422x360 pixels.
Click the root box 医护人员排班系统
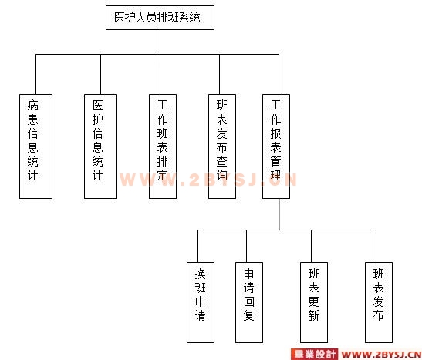click(x=160, y=18)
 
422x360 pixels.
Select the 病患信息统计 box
click(x=35, y=146)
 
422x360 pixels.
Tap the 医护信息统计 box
click(x=100, y=146)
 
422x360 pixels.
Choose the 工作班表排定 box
click(x=163, y=146)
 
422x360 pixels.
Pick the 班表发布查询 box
click(x=222, y=146)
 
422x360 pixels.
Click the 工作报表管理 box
click(x=276, y=146)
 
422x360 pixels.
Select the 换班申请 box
click(x=201, y=302)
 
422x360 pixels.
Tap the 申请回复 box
click(x=249, y=302)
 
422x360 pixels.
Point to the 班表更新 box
click(x=314, y=302)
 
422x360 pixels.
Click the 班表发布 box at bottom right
click(x=379, y=302)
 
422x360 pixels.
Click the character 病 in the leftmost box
click(x=33, y=105)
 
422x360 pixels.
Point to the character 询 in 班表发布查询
click(x=222, y=175)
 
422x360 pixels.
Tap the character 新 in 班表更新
click(x=314, y=315)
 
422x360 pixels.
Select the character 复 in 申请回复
click(x=249, y=315)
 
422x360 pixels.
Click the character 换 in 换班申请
click(x=201, y=274)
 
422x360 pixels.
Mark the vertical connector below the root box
click(x=160, y=42)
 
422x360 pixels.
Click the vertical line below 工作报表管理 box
click(x=279, y=214)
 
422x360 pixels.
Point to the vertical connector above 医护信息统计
click(x=100, y=74)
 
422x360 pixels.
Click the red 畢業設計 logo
click(x=314, y=354)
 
